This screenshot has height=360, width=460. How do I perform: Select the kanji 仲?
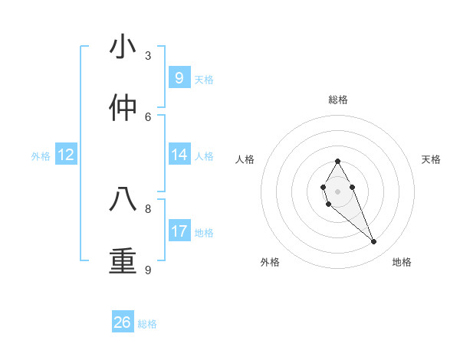tap(123, 107)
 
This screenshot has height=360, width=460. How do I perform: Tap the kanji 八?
tap(123, 199)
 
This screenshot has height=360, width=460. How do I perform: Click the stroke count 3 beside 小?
tap(148, 56)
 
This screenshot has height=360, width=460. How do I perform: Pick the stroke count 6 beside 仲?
tap(148, 116)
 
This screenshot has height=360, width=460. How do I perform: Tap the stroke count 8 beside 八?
tap(148, 208)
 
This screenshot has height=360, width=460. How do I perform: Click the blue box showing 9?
tap(179, 77)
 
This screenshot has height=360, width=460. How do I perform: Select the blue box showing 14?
tap(179, 155)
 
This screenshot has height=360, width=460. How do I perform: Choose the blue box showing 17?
tap(179, 231)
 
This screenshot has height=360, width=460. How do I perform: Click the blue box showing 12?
tap(66, 155)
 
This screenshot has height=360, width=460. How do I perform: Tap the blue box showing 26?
tap(123, 322)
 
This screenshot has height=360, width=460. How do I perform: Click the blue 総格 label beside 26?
tap(147, 324)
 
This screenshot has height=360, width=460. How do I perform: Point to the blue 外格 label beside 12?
tap(41, 156)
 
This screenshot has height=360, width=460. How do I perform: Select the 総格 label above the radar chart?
tap(338, 100)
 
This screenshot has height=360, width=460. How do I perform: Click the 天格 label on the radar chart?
tap(431, 159)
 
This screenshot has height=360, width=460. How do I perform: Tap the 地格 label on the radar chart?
tap(402, 262)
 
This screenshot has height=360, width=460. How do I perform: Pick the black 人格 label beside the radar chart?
tap(245, 159)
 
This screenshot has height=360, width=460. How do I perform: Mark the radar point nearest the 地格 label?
tap(374, 242)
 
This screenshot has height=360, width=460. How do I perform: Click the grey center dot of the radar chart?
tap(337, 191)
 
